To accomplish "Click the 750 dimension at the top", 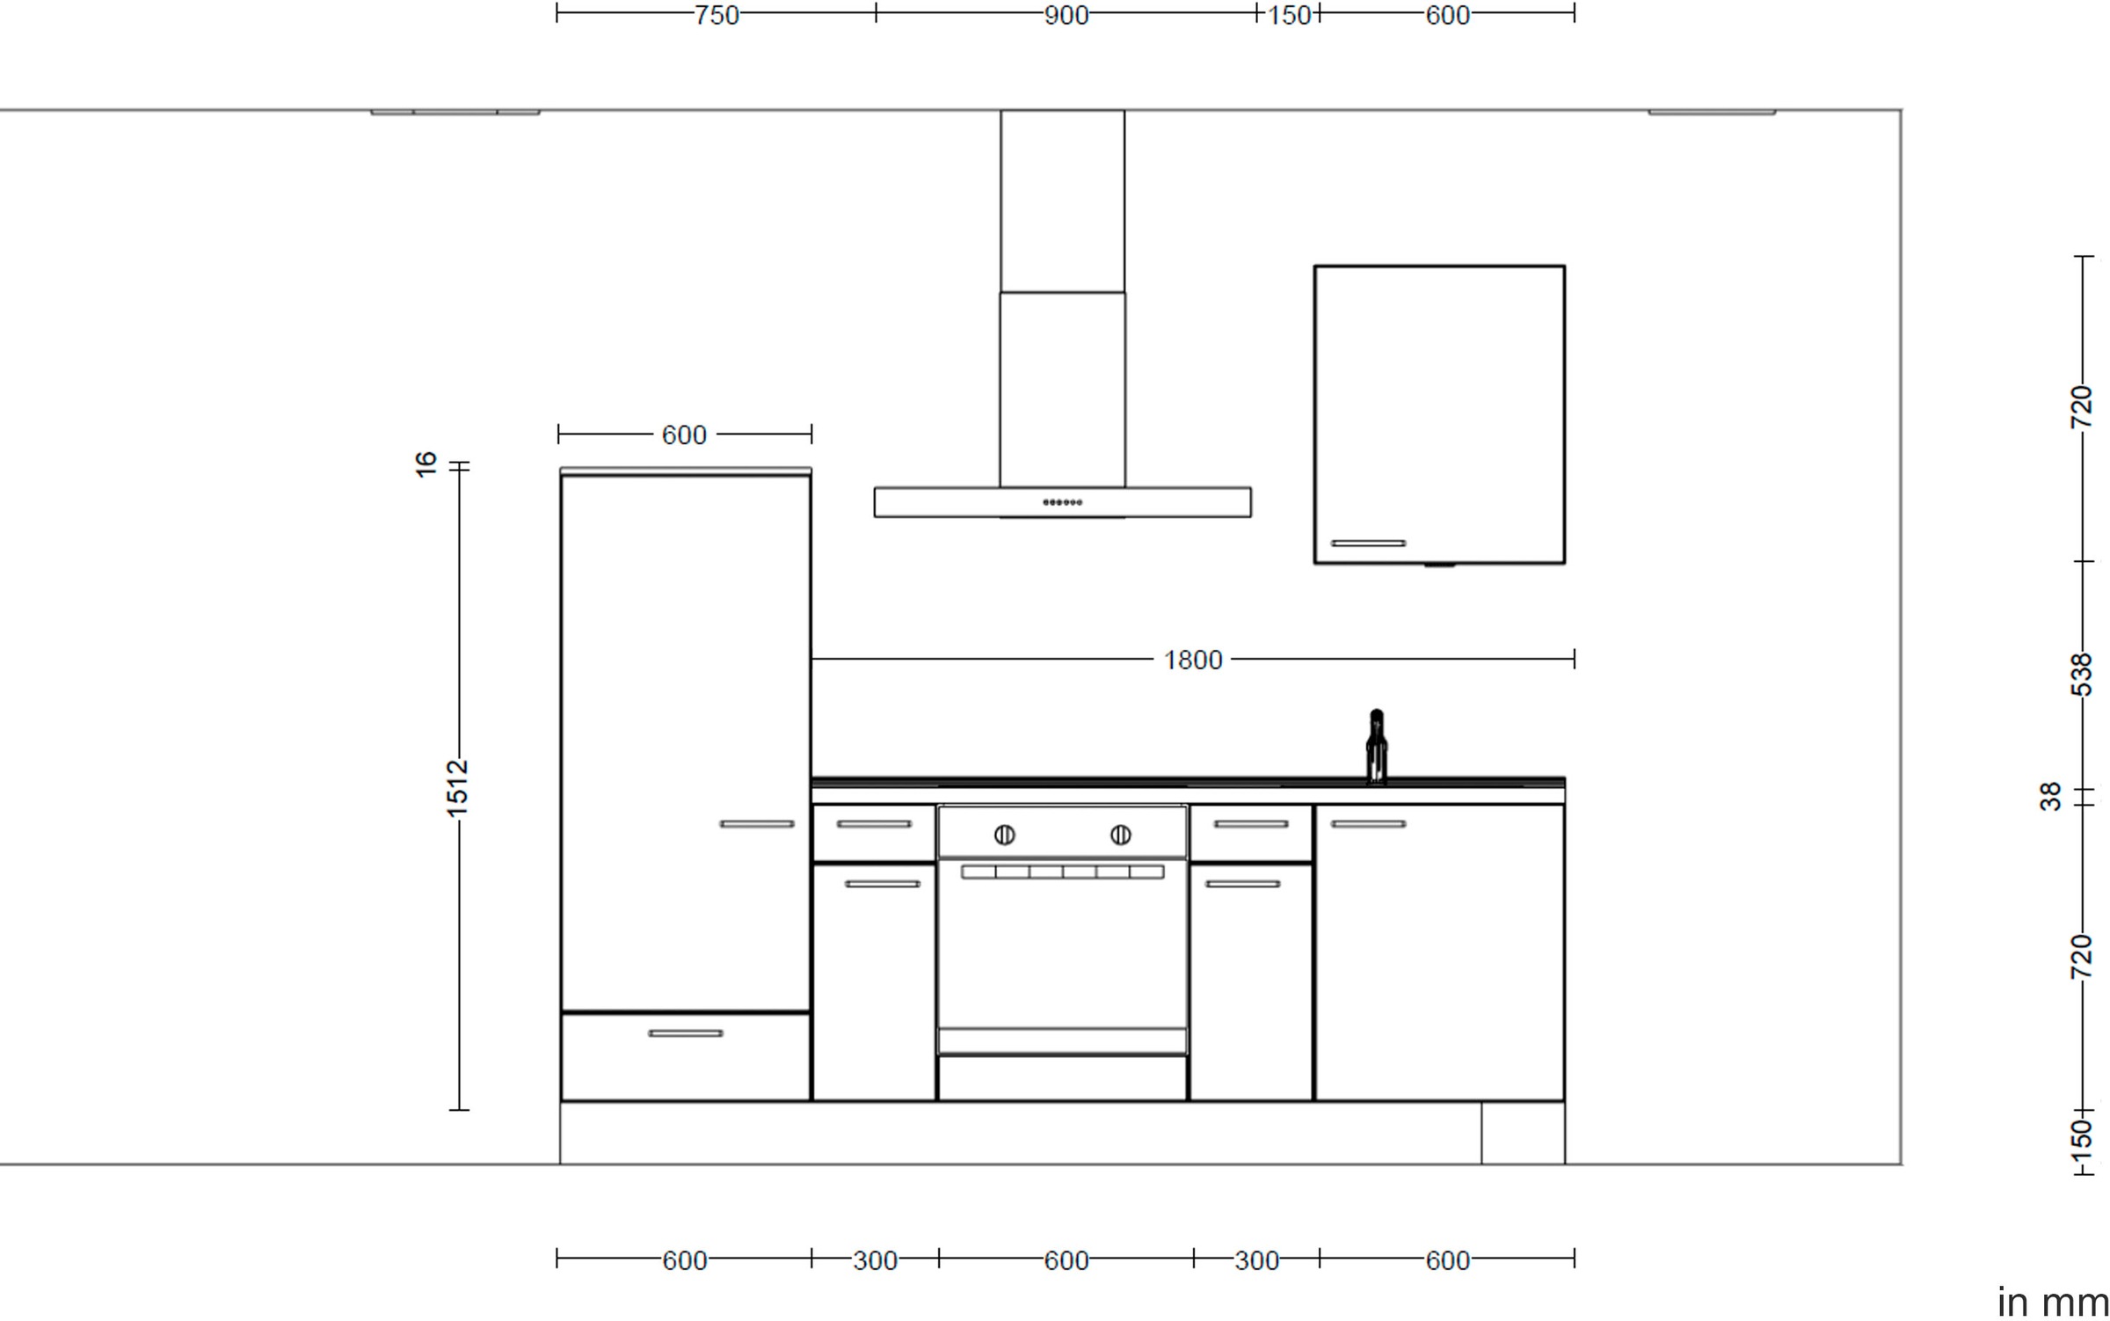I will tap(716, 15).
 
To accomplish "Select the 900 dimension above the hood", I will tap(1066, 15).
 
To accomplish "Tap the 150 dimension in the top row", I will tap(1288, 15).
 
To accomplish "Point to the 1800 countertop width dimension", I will tap(1192, 660).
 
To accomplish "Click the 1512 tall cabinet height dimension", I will tap(457, 787).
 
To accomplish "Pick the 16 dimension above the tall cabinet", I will tap(426, 463).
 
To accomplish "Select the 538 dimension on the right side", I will tap(2081, 675).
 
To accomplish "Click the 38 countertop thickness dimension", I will tap(2050, 797).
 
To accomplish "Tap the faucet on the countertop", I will tap(1376, 747).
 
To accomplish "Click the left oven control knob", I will tap(1004, 835).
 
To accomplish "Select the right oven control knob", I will tap(1120, 835).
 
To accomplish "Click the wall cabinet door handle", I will tap(1368, 544).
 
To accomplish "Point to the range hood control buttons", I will tap(1062, 502).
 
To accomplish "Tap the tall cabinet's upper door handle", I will tap(756, 824).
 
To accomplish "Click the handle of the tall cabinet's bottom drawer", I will tap(685, 1033).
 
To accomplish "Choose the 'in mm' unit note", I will tap(2052, 1302).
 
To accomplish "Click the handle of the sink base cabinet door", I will tap(1368, 824).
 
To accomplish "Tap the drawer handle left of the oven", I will tap(874, 824).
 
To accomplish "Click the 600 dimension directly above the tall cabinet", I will tap(683, 435).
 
